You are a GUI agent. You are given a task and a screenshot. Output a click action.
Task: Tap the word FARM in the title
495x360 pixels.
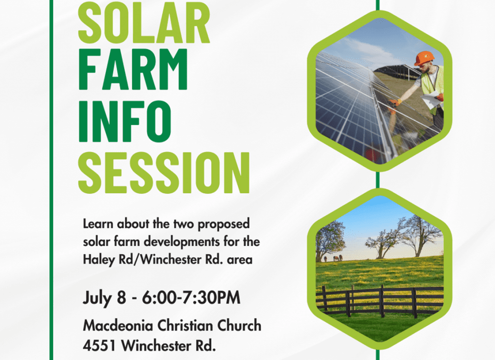tap(133, 70)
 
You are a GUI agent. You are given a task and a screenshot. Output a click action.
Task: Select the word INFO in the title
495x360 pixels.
tap(125, 121)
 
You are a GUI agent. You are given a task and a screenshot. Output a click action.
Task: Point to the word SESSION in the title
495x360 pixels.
tap(164, 173)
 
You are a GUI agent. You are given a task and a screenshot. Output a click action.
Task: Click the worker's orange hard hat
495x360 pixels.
tap(424, 58)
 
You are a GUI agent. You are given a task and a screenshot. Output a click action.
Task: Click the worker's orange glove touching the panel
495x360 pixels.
tap(394, 102)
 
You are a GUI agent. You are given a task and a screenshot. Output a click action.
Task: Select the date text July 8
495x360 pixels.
tap(104, 298)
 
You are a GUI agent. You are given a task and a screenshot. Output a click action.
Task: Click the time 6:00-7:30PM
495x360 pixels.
tap(191, 298)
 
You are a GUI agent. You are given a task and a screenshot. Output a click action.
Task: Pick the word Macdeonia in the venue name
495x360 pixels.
tap(118, 326)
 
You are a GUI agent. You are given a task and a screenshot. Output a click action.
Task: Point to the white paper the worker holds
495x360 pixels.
tap(431, 100)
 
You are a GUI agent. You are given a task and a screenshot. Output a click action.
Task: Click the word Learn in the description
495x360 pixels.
tap(98, 224)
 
